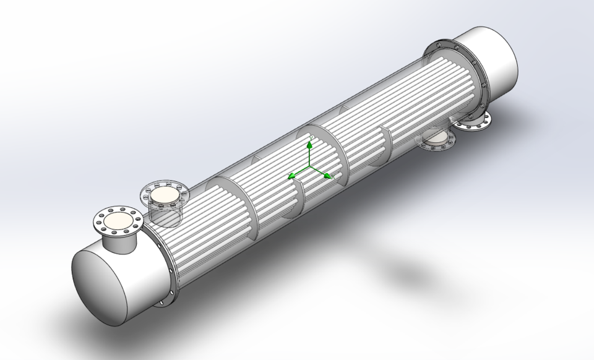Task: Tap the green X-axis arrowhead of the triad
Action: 327,176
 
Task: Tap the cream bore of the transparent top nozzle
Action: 164,196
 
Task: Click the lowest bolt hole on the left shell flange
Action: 163,302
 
